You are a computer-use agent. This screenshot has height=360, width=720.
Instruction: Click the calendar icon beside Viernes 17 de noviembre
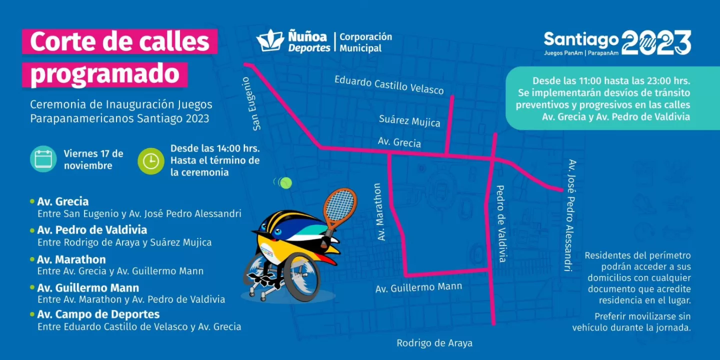click(x=43, y=159)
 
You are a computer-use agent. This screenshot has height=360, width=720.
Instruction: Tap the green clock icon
click(x=151, y=161)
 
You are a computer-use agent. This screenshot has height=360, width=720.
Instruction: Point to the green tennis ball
click(x=286, y=183)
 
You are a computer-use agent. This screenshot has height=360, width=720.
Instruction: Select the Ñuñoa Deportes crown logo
click(x=270, y=40)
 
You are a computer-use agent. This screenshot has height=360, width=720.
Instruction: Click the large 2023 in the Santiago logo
click(x=656, y=42)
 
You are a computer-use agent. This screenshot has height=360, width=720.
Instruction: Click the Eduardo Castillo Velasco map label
click(x=389, y=85)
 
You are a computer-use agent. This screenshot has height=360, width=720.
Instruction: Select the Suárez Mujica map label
click(x=409, y=120)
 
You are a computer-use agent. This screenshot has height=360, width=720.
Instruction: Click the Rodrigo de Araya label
click(x=434, y=343)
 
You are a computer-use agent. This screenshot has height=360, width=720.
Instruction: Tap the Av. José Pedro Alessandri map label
click(x=569, y=215)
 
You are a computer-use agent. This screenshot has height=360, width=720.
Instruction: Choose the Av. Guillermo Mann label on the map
click(x=419, y=288)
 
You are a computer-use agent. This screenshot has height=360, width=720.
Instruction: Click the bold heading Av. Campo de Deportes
click(x=98, y=314)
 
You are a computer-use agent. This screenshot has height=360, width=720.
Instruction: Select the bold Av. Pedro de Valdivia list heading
click(x=92, y=230)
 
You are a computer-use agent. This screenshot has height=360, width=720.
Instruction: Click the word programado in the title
click(x=104, y=74)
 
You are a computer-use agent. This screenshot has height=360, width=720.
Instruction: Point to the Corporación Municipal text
click(x=365, y=42)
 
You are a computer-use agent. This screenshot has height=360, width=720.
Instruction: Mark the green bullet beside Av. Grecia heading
click(x=32, y=201)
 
